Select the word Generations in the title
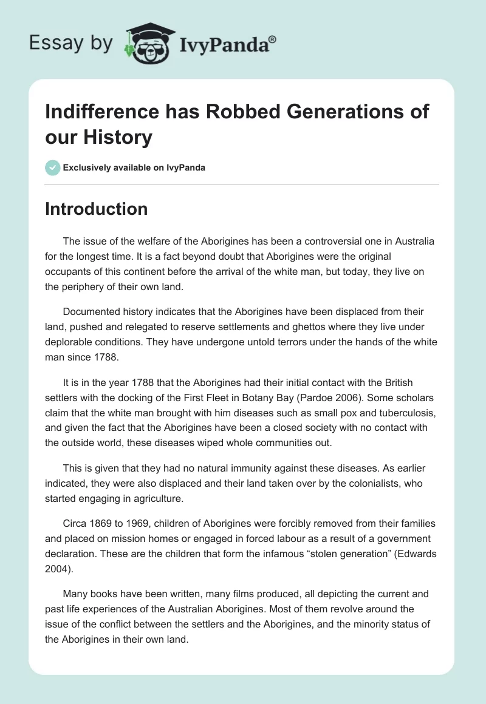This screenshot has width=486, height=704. (x=320, y=112)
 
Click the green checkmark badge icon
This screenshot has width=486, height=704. (x=53, y=168)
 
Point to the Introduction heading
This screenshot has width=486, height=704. (x=97, y=209)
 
